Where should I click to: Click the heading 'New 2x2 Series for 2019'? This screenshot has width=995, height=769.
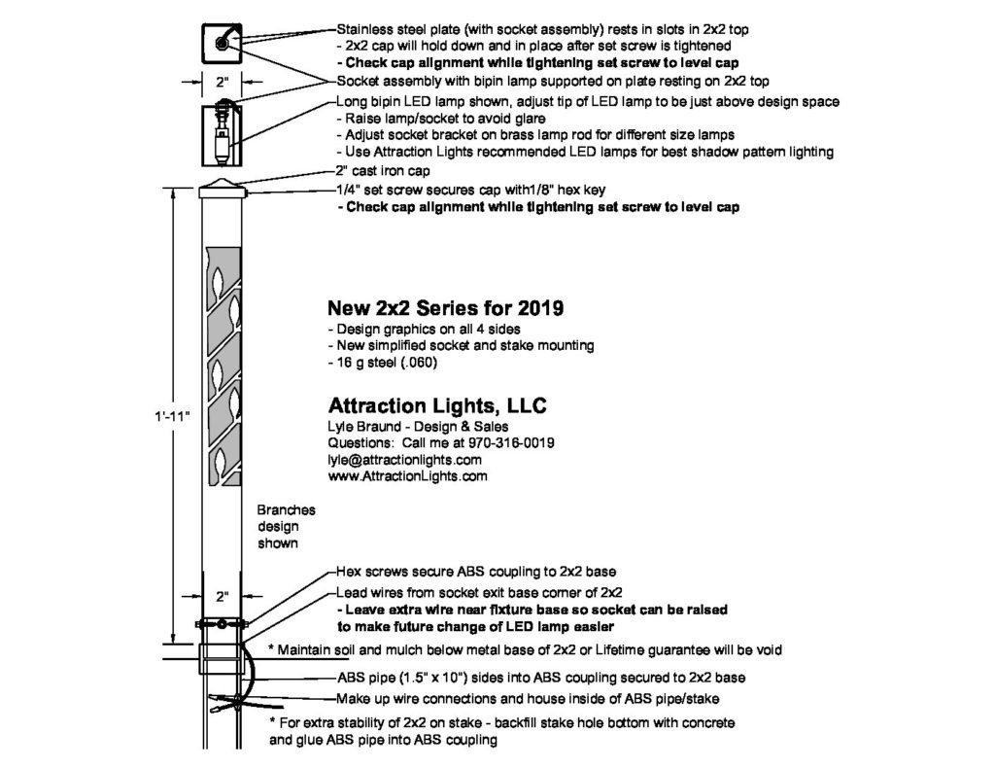(445, 308)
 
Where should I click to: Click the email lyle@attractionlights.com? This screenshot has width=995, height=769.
(405, 460)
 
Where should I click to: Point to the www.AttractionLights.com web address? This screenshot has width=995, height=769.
(408, 476)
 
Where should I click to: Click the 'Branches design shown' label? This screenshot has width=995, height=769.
(279, 526)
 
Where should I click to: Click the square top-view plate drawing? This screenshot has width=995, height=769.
(222, 43)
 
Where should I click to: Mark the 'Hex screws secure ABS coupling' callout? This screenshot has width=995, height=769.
(475, 572)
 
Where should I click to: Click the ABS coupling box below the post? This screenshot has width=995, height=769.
(222, 658)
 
